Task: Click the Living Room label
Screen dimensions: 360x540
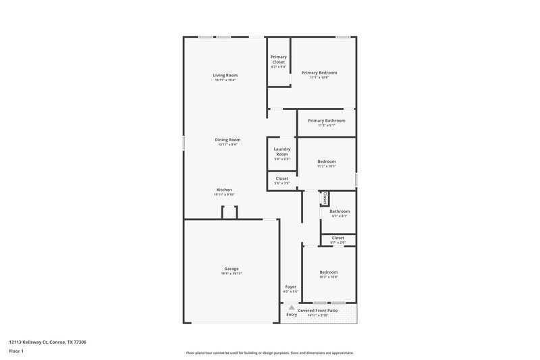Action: [x=225, y=75]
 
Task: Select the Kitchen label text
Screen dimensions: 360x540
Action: [x=224, y=190]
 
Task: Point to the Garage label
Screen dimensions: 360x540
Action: [x=231, y=268]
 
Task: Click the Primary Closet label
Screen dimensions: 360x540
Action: [x=278, y=59]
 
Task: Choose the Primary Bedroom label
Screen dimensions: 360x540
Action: [x=319, y=72]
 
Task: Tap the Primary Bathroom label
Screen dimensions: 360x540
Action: [x=326, y=120]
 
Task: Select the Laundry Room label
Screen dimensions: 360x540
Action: [x=281, y=152]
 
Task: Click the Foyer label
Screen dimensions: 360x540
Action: [x=291, y=287]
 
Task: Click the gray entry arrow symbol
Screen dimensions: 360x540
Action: [x=292, y=307]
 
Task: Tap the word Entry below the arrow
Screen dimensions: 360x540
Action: [x=292, y=314]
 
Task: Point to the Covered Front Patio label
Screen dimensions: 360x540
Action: [x=317, y=310]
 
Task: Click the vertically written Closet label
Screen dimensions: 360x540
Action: [x=325, y=198]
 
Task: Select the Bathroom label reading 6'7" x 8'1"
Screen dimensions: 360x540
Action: [x=340, y=211]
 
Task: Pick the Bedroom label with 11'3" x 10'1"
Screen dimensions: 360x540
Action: [x=327, y=161]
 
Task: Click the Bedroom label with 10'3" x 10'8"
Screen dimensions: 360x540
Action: [x=329, y=272]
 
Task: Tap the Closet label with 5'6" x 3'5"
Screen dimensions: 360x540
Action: [x=281, y=178]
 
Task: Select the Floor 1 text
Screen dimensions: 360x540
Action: [x=16, y=352]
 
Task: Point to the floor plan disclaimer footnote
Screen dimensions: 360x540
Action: [x=269, y=353]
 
